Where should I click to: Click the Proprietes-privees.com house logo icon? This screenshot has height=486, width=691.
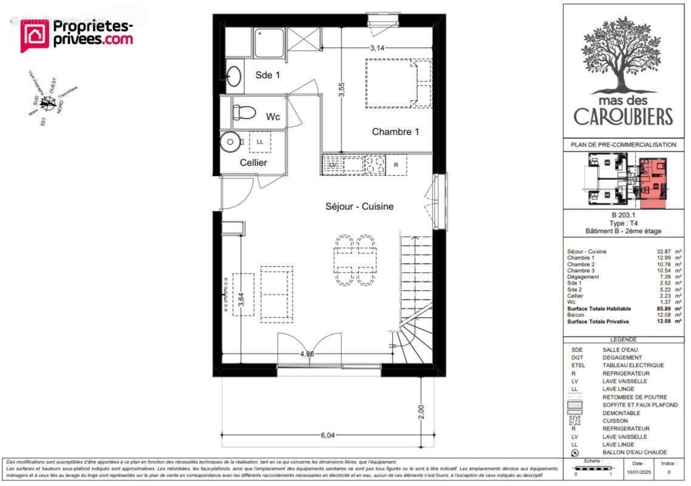pyautogui.click(x=35, y=35)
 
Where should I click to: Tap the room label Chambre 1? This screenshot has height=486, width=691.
pyautogui.click(x=395, y=132)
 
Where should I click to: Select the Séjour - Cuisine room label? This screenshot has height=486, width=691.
pyautogui.click(x=359, y=207)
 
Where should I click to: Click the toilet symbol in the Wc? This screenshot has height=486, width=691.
pyautogui.click(x=245, y=112)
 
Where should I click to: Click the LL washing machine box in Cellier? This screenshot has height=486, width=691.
pyautogui.click(x=260, y=142)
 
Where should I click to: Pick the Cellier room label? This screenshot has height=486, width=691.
pyautogui.click(x=253, y=163)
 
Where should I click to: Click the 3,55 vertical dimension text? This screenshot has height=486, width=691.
pyautogui.click(x=342, y=90)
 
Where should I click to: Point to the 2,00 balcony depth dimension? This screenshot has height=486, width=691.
pyautogui.click(x=421, y=411)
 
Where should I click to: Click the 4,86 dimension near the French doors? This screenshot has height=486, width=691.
pyautogui.click(x=306, y=354)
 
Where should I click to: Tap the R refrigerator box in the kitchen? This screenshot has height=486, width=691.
pyautogui.click(x=396, y=165)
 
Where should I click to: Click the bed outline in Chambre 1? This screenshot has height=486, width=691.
pyautogui.click(x=398, y=83)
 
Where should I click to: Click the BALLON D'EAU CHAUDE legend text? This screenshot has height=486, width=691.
pyautogui.click(x=635, y=453)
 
